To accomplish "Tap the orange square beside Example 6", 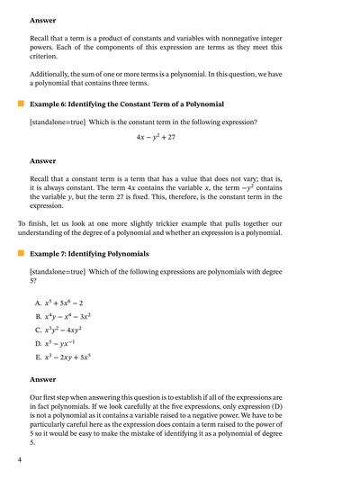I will (x=21, y=104).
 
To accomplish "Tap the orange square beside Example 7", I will (x=21, y=254).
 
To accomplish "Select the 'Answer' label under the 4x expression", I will (x=42, y=161).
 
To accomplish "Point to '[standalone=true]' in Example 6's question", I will (x=59, y=121).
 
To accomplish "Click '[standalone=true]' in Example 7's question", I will (x=59, y=270).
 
